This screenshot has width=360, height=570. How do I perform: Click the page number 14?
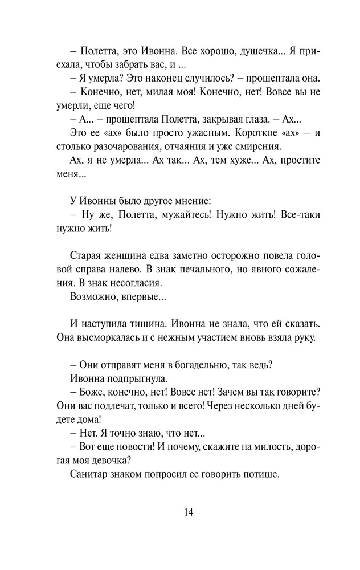coord(189,512)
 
